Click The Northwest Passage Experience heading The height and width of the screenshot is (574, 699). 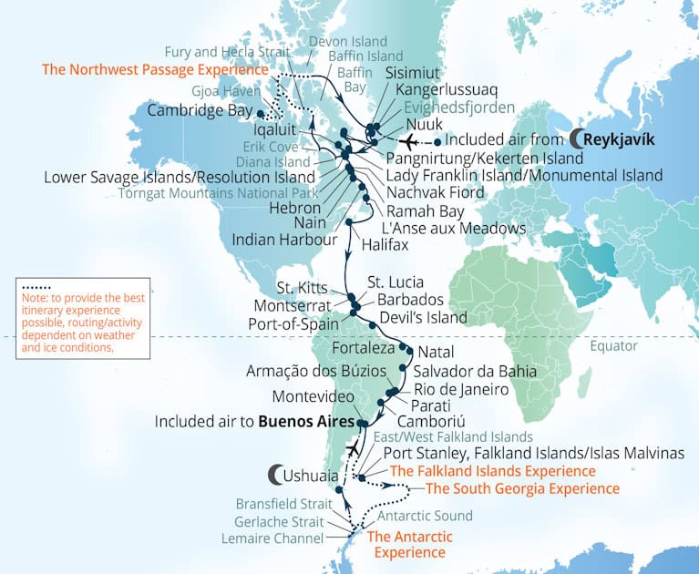coord(155,69)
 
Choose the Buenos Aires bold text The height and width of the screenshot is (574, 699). coord(306,422)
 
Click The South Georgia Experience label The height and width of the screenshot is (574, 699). coord(522,488)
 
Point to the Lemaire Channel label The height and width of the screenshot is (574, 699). coord(272,538)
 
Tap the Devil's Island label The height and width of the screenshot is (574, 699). coord(427,317)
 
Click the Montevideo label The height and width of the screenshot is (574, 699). coord(317,397)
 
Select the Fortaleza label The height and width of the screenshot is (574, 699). coord(363,349)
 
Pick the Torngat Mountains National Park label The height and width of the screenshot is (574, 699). coord(218,193)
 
